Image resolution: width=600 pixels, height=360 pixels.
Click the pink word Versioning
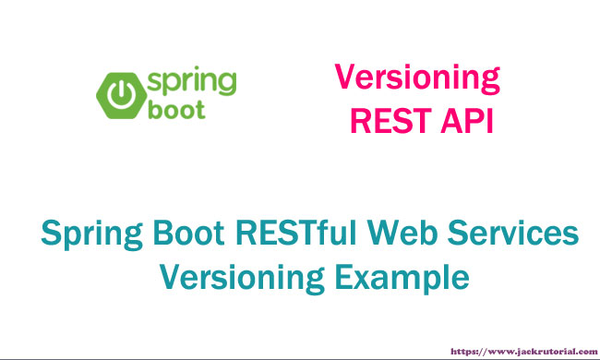pyautogui.click(x=416, y=78)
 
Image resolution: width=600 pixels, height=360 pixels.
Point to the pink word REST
pyautogui.click(x=386, y=120)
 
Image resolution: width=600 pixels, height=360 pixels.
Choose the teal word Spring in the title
pyautogui.click(x=89, y=236)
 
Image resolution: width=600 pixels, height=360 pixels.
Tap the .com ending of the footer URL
pyautogui.click(x=581, y=352)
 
